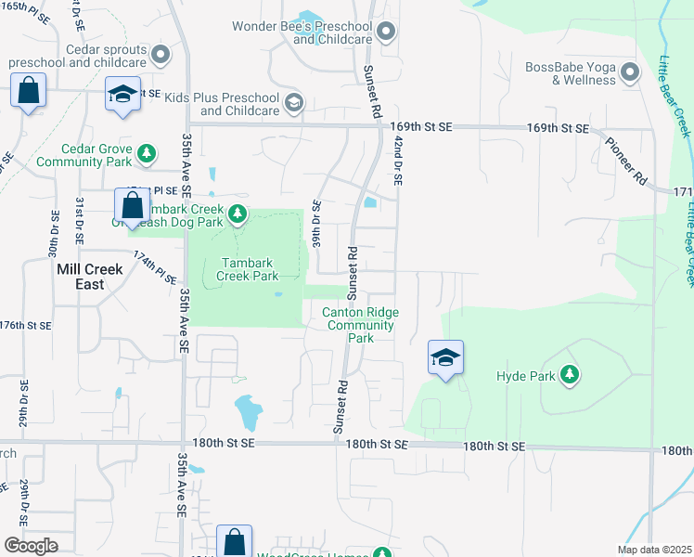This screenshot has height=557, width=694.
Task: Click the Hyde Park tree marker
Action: (570, 376)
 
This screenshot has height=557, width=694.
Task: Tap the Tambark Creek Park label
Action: (248, 269)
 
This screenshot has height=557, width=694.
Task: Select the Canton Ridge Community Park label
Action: (360, 326)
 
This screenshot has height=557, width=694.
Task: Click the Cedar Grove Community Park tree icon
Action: (146, 154)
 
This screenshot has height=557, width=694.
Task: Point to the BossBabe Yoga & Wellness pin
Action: (630, 72)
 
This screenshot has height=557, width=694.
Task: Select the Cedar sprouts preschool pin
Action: (162, 55)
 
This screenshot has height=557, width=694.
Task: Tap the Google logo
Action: (31, 546)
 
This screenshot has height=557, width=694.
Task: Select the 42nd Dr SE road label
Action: (397, 162)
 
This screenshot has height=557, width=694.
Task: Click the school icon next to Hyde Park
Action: (445, 357)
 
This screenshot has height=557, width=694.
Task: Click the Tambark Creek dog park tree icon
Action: (238, 215)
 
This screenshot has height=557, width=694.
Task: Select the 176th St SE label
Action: (25, 326)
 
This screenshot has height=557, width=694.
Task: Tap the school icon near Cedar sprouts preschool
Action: (122, 94)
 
